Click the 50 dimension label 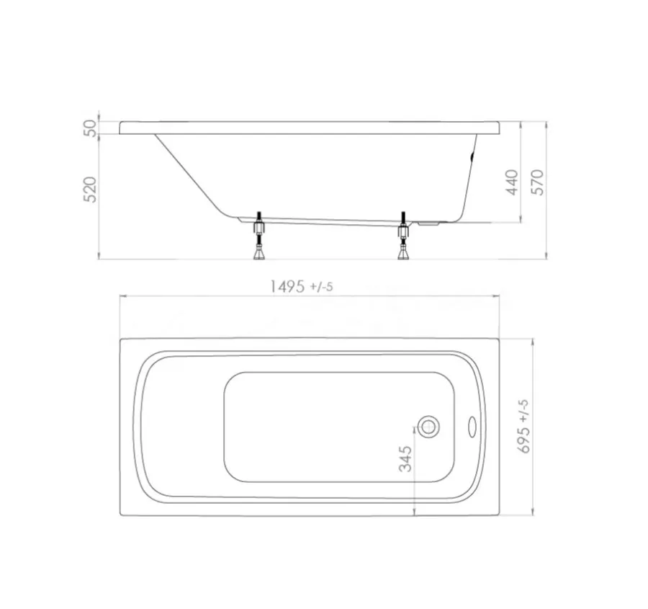click(x=90, y=128)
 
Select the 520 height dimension click(x=90, y=190)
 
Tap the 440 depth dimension click(x=512, y=182)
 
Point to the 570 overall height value click(x=537, y=182)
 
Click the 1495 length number click(x=287, y=286)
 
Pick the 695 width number click(x=524, y=439)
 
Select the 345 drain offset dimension click(x=406, y=458)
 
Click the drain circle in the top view click(x=428, y=427)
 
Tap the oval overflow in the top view click(x=472, y=426)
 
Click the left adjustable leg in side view click(x=259, y=236)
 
